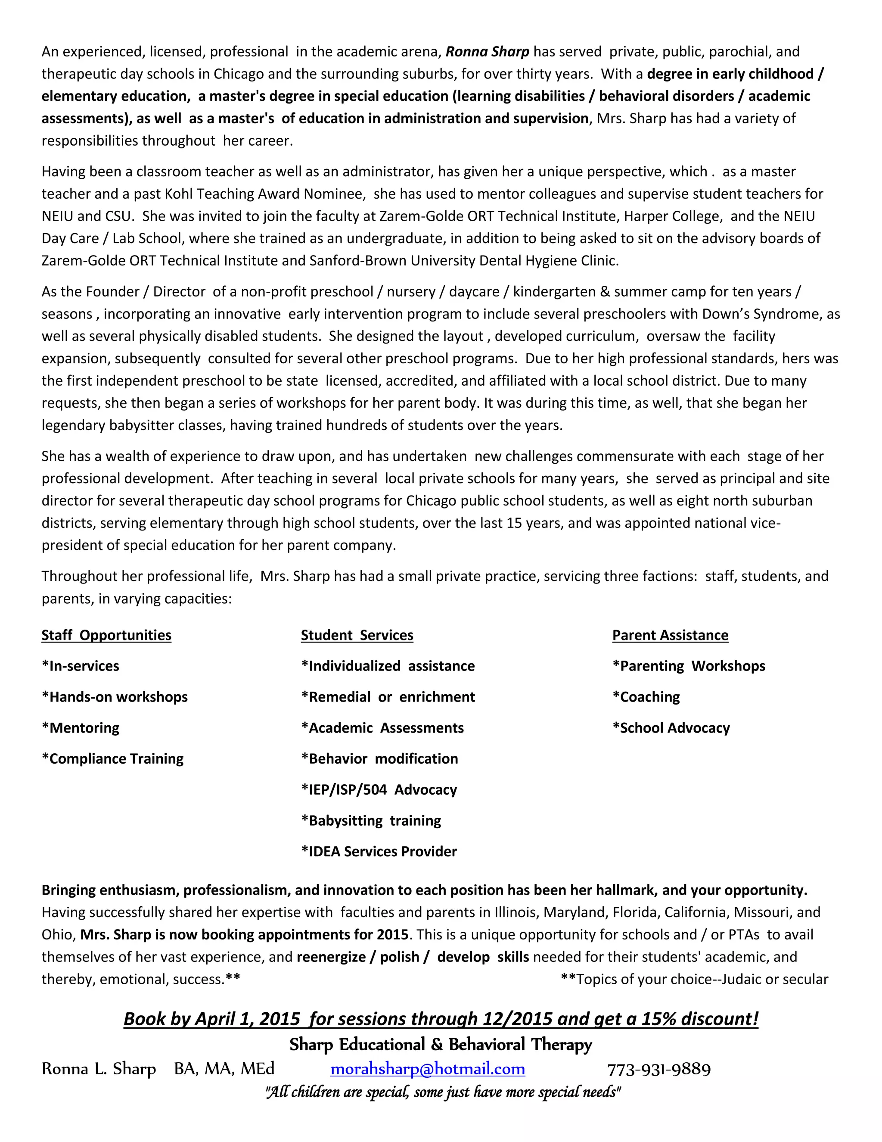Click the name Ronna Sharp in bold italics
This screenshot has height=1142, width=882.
point(487,52)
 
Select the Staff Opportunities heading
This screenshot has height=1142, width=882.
point(107,635)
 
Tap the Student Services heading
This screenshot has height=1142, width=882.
point(357,635)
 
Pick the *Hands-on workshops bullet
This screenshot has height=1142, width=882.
point(115,697)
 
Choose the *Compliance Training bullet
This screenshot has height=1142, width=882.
point(112,759)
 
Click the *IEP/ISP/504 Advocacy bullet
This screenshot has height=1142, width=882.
point(379,789)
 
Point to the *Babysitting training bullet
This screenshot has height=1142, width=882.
point(371,821)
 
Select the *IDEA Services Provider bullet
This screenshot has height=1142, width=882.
point(379,851)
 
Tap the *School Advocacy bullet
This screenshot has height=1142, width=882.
point(671,728)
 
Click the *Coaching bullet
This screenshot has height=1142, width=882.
point(646,697)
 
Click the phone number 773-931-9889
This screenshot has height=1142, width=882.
point(658,1069)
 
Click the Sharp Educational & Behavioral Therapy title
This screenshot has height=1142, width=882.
point(441,1044)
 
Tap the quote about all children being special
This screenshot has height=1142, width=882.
point(443,1092)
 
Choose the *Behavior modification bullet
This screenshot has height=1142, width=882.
point(379,759)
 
